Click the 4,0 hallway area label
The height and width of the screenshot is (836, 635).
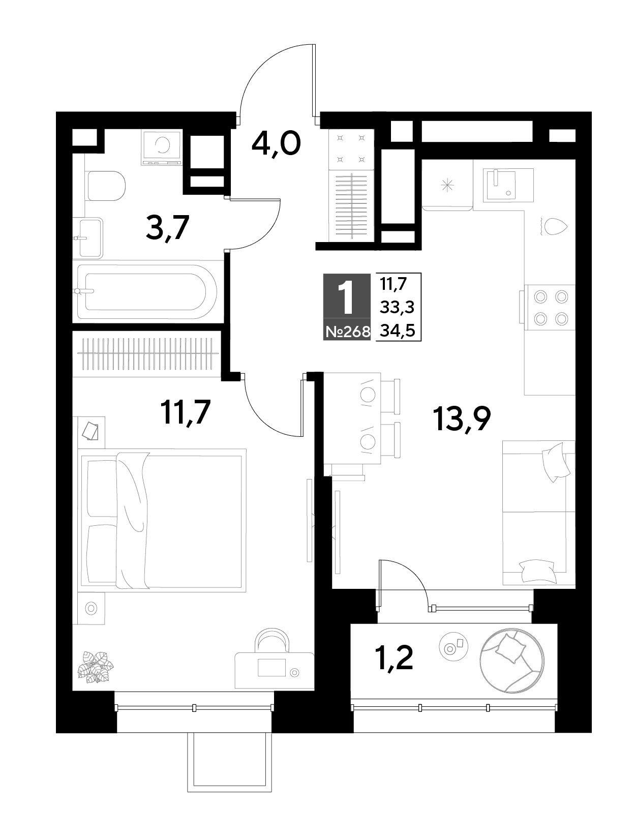276,144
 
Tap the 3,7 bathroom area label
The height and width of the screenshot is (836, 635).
167,228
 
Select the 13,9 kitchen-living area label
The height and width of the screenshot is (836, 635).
462,419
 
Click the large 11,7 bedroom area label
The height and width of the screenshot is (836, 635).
186,412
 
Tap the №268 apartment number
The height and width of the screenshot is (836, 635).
348,333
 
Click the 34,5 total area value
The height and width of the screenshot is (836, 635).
398,331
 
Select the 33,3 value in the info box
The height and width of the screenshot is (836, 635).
397,307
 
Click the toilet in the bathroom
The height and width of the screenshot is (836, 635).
106,186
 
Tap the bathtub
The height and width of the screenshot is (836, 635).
147,292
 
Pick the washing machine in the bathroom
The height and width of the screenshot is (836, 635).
161,148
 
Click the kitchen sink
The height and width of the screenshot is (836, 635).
508,185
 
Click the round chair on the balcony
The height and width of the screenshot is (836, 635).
511,660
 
